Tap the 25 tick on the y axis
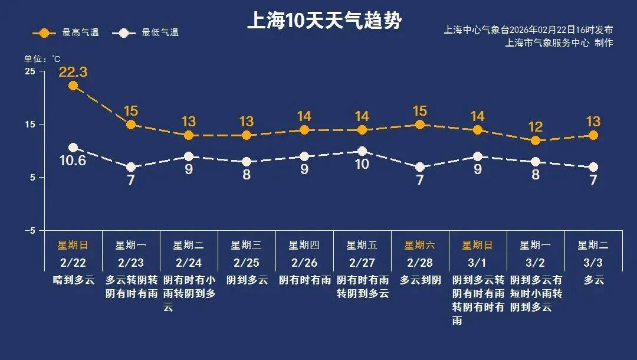pos(29,71)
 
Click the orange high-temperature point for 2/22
pos(73,86)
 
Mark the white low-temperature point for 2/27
pos(362,151)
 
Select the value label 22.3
pos(73,72)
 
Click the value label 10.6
pos(73,159)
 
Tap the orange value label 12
pos(536,127)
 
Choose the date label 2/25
pos(247,262)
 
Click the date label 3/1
pos(478,262)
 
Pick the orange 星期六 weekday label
pos(420,245)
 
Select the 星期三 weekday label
pos(247,245)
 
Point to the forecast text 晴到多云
pos(73,280)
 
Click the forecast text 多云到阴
pos(420,280)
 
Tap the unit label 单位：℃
pos(42,59)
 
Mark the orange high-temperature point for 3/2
pos(536,140)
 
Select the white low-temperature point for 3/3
pos(593,167)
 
